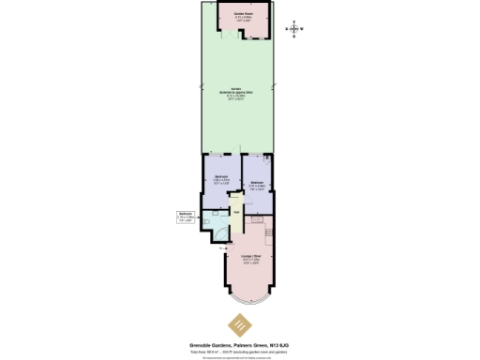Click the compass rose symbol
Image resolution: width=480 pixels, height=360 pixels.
point(296,29)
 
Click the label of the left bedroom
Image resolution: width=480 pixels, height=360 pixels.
point(220,179)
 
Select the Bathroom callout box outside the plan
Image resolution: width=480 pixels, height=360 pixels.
point(186,217)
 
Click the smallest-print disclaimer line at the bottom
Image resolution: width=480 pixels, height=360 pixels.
point(241,356)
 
